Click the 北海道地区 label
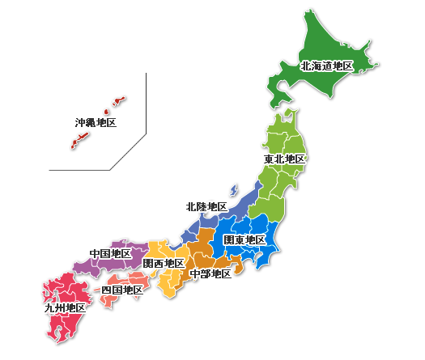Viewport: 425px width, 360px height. [327, 66]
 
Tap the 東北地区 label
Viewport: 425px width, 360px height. [285, 159]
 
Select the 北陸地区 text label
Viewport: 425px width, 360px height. [206, 207]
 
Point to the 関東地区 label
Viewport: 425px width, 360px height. [245, 240]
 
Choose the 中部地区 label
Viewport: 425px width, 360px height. [210, 274]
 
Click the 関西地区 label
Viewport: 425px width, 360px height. [164, 264]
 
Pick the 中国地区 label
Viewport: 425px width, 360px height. [111, 254]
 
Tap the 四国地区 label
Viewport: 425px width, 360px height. [122, 290]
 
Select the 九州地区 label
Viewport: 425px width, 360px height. [65, 308]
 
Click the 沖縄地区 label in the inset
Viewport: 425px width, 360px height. [96, 123]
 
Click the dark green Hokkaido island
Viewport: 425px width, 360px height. [324, 40]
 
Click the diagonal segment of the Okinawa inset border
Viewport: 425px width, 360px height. [128, 151]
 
